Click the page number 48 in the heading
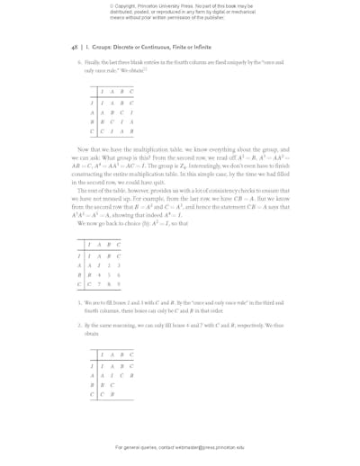74,46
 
